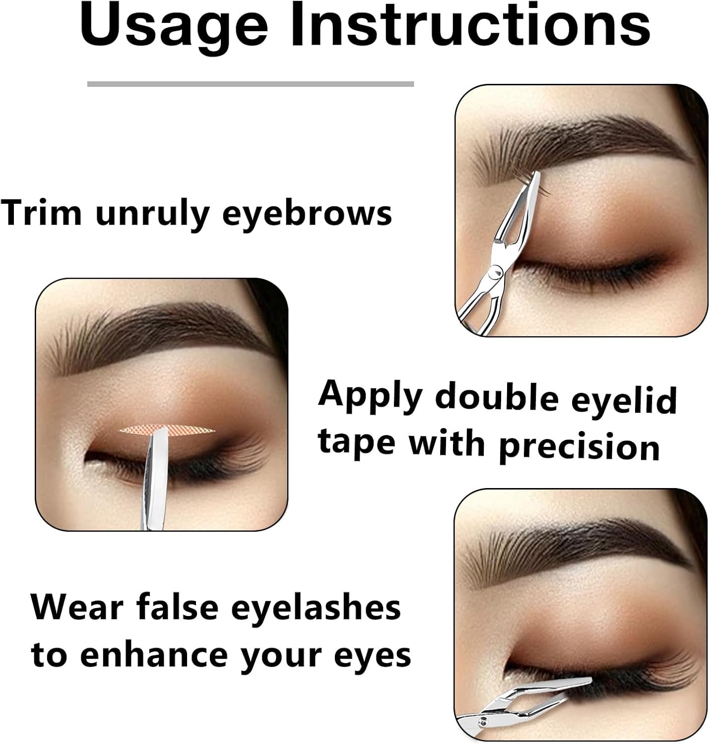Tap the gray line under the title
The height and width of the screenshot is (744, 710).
(x=250, y=84)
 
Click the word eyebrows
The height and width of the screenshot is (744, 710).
(x=307, y=214)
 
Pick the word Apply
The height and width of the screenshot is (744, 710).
(x=370, y=396)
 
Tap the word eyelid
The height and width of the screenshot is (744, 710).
(x=624, y=400)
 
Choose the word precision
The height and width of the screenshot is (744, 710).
(x=580, y=447)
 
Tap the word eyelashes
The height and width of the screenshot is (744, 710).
(x=316, y=608)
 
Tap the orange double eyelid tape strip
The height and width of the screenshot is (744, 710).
(x=167, y=430)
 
